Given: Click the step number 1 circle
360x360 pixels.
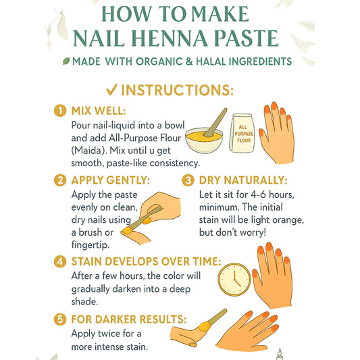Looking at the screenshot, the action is [60, 111].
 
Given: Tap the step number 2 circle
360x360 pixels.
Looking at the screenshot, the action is [60, 180].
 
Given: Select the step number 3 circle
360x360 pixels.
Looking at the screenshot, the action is [188, 180].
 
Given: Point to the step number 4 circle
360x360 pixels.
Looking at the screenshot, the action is [60, 261].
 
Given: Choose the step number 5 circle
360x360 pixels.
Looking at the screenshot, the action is [60, 319].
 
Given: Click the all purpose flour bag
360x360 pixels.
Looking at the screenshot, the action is [242, 132].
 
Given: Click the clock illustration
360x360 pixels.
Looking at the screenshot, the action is [234, 280].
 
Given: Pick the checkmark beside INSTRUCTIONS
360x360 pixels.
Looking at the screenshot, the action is [112, 90].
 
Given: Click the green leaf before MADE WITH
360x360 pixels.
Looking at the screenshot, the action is [66, 61].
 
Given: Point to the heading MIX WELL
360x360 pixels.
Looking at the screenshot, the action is [99, 111].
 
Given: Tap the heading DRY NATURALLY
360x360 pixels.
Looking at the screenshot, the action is [243, 180].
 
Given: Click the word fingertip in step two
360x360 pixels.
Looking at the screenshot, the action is [91, 245].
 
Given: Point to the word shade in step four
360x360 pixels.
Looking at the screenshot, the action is [84, 301].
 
